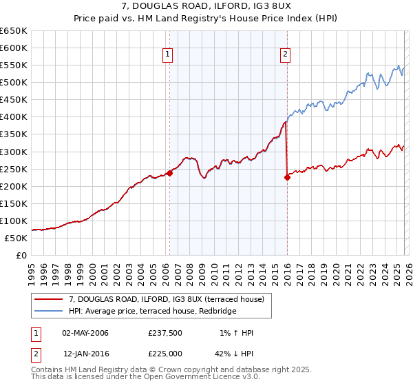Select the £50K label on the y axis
pyautogui.click(x=17, y=238)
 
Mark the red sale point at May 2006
pyautogui.click(x=169, y=173)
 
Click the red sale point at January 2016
pyautogui.click(x=287, y=177)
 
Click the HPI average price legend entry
pyautogui.click(x=151, y=311)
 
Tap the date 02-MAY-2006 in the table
pyautogui.click(x=85, y=333)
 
